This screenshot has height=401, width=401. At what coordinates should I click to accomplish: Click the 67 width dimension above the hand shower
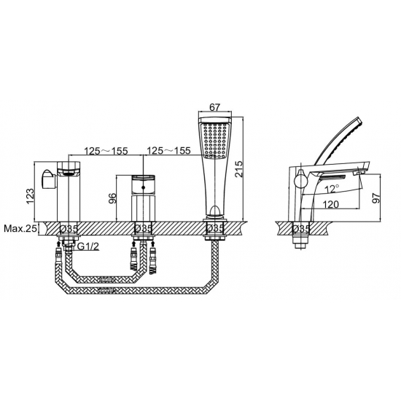pyautogui.click(x=215, y=107)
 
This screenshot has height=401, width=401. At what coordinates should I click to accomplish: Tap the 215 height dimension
pyautogui.click(x=239, y=169)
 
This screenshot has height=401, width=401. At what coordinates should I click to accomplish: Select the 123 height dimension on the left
pyautogui.click(x=30, y=196)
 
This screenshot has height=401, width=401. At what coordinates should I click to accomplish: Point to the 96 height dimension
pyautogui.click(x=112, y=198)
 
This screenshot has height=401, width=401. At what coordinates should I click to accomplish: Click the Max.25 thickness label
pyautogui.click(x=20, y=229)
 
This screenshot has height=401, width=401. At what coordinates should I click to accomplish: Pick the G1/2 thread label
pyautogui.click(x=88, y=246)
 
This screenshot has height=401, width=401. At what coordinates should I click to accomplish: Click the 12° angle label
pyautogui.click(x=332, y=189)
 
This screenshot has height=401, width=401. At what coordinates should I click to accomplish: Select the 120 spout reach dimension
pyautogui.click(x=330, y=204)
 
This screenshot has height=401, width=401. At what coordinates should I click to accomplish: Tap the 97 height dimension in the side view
pyautogui.click(x=376, y=198)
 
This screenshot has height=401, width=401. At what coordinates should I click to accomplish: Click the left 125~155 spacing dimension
pyautogui.click(x=106, y=151)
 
